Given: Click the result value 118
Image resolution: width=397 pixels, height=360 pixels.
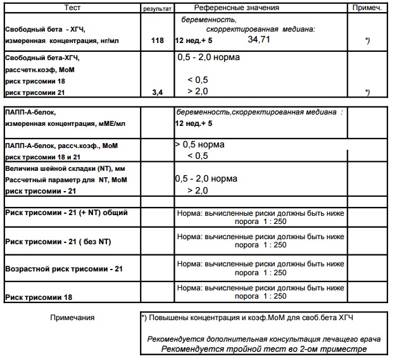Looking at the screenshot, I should [x=158, y=40].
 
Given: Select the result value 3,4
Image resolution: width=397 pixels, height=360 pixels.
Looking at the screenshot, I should [x=158, y=92].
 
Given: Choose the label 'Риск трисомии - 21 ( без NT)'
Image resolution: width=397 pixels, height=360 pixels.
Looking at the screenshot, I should [x=58, y=241].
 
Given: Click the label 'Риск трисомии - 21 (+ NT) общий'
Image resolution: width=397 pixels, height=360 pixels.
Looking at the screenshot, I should [x=66, y=213].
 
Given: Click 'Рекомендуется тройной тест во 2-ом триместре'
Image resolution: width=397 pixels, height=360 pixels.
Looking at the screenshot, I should [x=263, y=349].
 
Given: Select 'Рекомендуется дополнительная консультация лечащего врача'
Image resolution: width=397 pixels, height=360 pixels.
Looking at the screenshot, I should [x=263, y=339].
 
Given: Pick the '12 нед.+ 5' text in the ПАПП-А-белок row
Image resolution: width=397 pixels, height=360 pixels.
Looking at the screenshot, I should [x=193, y=123].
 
